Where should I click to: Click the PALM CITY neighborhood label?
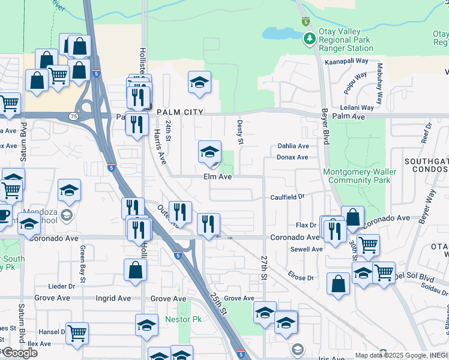click(180, 112)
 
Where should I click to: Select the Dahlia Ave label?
click(293, 146)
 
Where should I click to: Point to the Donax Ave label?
click(292, 157)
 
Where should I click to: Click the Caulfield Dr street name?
click(288, 197)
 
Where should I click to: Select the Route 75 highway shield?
click(73, 116)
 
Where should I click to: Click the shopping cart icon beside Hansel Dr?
click(77, 332)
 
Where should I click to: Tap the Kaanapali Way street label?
click(346, 61)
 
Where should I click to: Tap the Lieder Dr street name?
click(62, 286)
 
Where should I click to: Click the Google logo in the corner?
click(20, 352)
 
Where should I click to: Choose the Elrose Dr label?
click(301, 278)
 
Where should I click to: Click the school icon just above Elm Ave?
click(210, 152)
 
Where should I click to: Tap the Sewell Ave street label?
click(306, 249)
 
